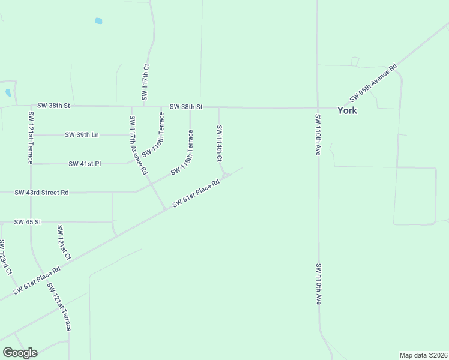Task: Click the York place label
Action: (x=347, y=110)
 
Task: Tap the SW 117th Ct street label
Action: (x=146, y=82)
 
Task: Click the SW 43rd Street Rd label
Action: (x=41, y=193)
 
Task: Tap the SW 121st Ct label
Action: (x=63, y=243)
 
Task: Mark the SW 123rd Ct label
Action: (x=5, y=257)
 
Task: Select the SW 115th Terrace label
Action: (x=182, y=154)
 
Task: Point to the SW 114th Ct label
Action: (x=220, y=143)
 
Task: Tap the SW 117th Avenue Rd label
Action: (x=137, y=145)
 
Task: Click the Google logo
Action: (x=20, y=353)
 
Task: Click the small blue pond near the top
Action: (x=98, y=21)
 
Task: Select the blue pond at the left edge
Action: (x=8, y=93)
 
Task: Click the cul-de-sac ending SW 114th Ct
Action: (x=226, y=175)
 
